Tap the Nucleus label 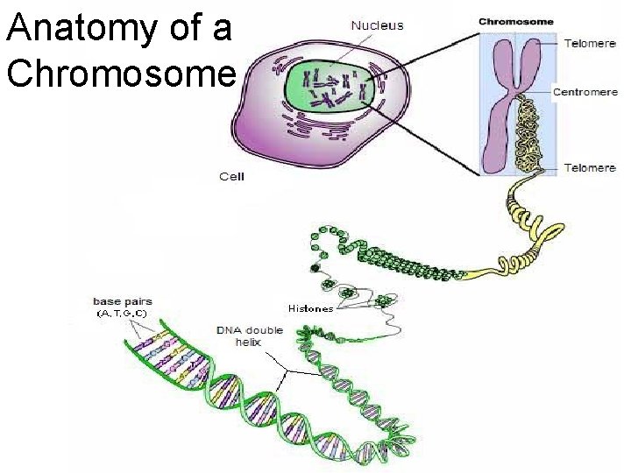tap(378, 25)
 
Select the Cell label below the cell tap(231, 177)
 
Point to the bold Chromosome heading tap(515, 22)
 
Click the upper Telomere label tap(590, 41)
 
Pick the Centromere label tap(585, 92)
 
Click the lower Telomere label tap(590, 167)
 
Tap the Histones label tap(310, 308)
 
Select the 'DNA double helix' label tap(250, 335)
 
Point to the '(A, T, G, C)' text tap(122, 314)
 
